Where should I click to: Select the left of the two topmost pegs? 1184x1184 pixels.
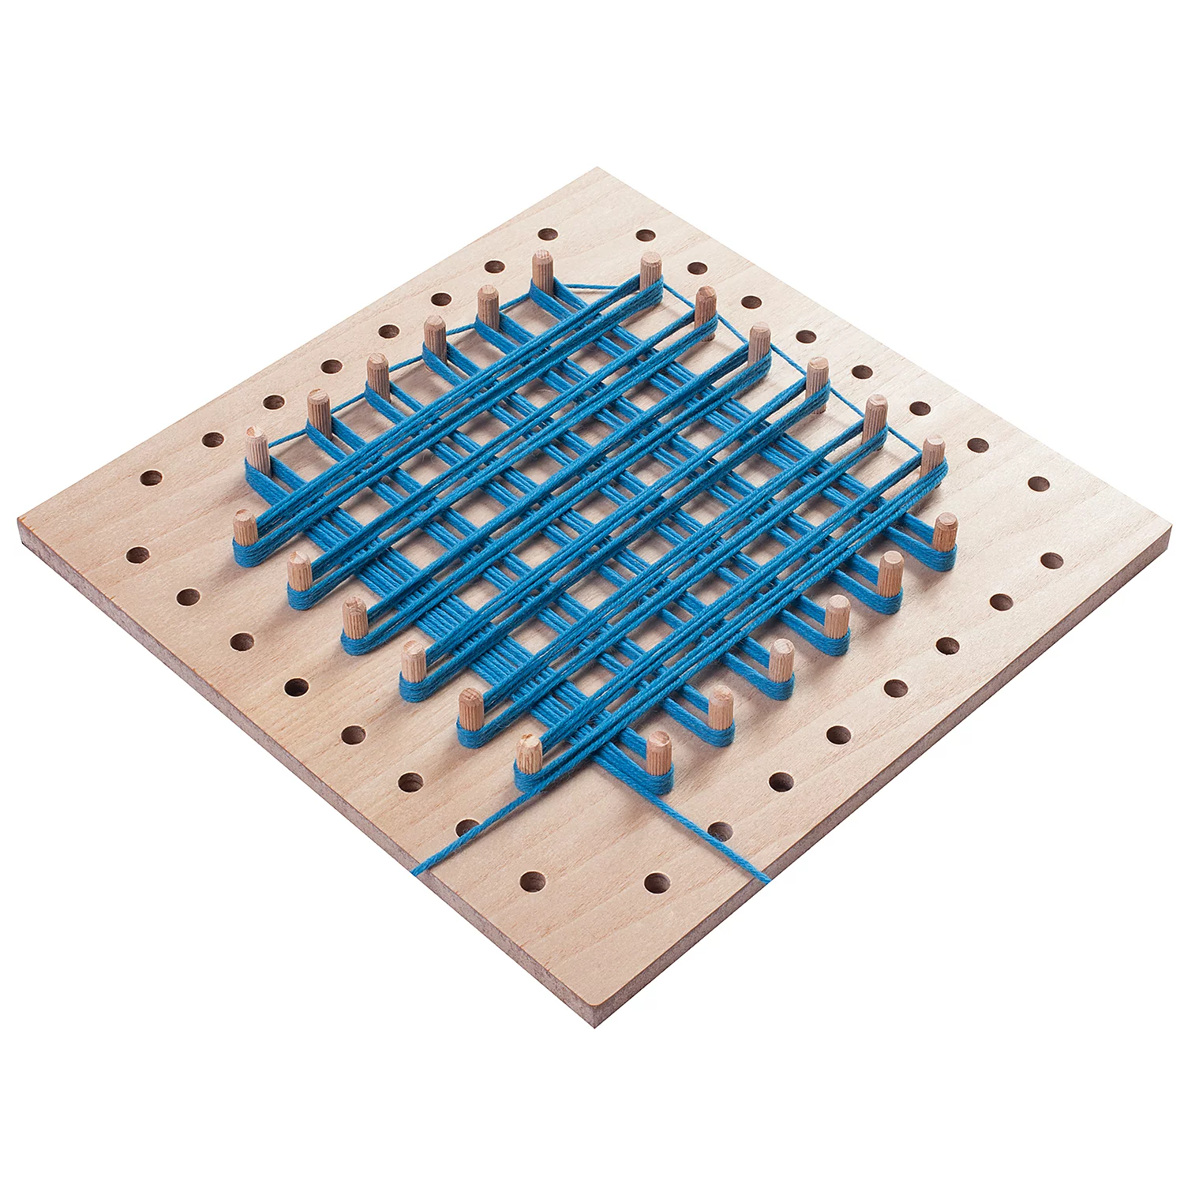click(541, 269)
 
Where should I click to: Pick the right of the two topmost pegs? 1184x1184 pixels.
click(650, 271)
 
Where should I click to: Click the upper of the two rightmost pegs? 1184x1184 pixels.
click(933, 455)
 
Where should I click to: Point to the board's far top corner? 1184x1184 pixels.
click(597, 169)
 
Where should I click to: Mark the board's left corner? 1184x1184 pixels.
click(20, 525)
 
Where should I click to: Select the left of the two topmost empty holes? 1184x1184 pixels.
click(545, 234)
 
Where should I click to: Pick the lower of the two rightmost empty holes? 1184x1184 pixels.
click(1051, 560)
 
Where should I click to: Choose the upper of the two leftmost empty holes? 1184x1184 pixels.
click(150, 478)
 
